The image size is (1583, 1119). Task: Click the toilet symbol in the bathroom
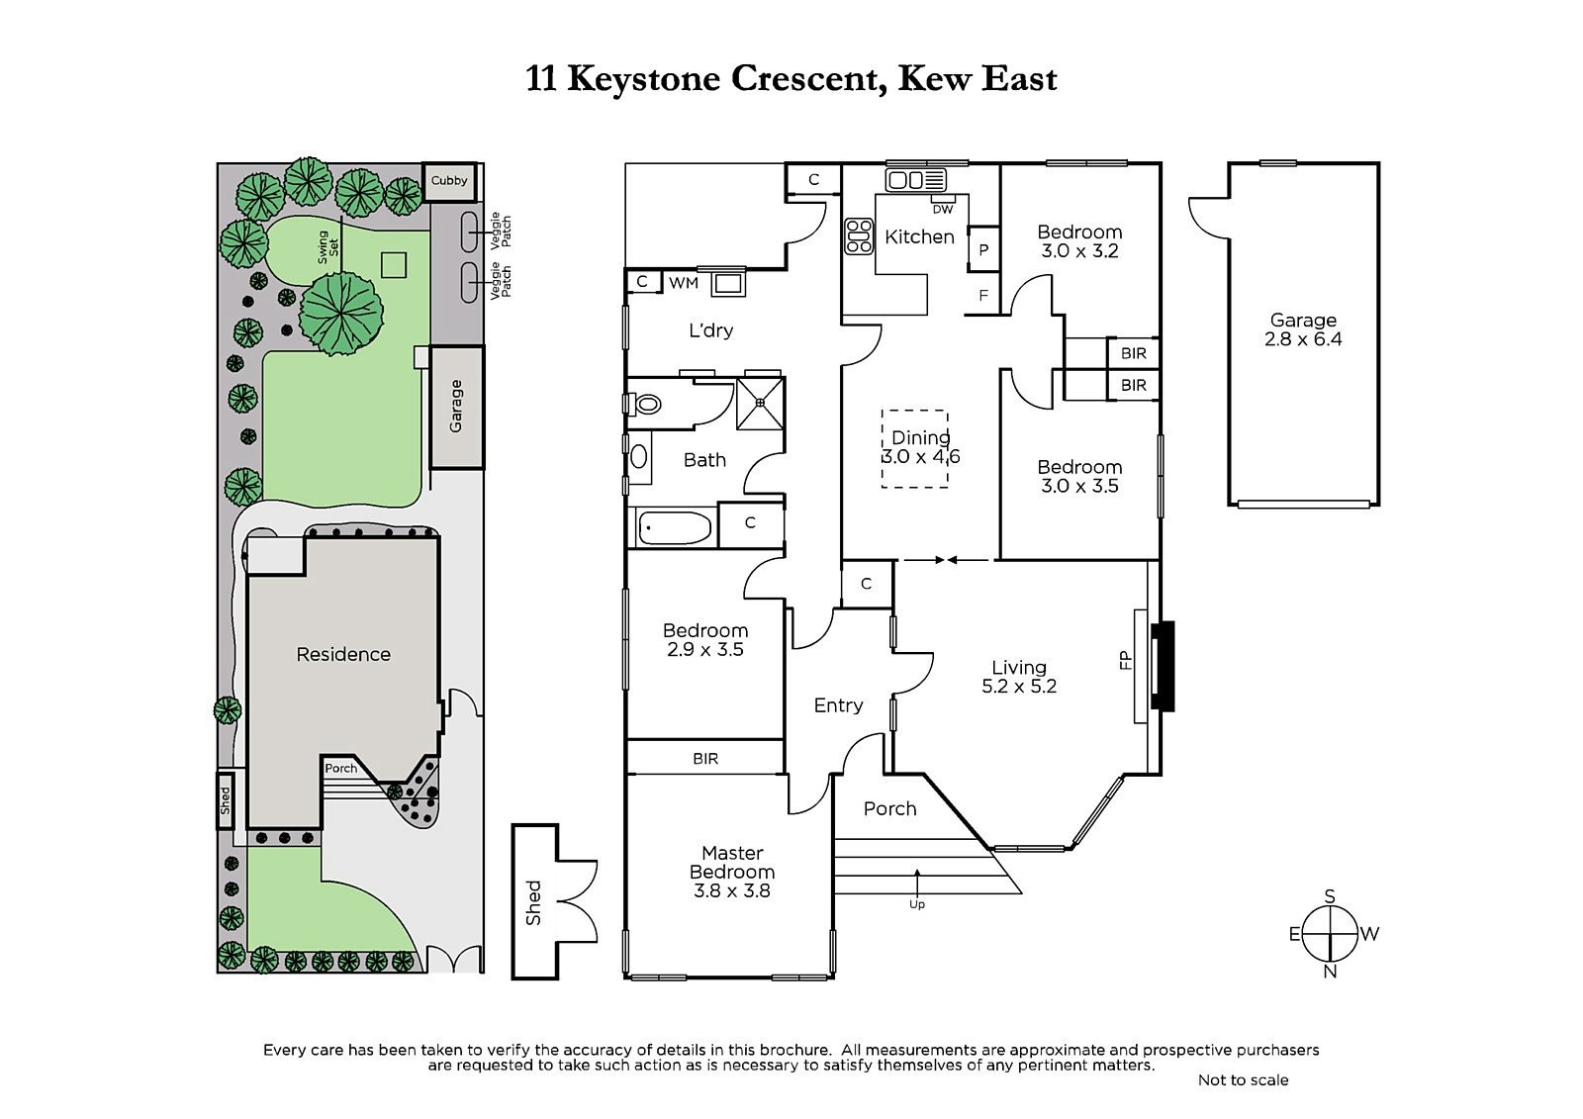646,404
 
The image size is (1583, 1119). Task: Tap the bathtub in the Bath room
675,527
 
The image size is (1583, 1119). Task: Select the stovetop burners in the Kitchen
858,237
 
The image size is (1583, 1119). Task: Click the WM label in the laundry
684,283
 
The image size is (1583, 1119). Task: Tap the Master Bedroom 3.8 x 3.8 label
732,871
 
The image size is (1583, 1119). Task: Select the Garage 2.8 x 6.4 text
1303,329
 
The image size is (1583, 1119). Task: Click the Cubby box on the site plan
449,182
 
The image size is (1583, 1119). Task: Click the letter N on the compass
1330,972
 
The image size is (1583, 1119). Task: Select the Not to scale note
1243,1079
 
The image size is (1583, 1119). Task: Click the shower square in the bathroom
760,404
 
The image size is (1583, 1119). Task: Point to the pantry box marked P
983,250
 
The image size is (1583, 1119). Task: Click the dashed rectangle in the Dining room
915,448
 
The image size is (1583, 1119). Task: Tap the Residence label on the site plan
343,654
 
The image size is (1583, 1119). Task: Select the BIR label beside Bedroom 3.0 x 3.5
1133,385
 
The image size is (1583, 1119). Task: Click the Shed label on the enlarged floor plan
534,902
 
